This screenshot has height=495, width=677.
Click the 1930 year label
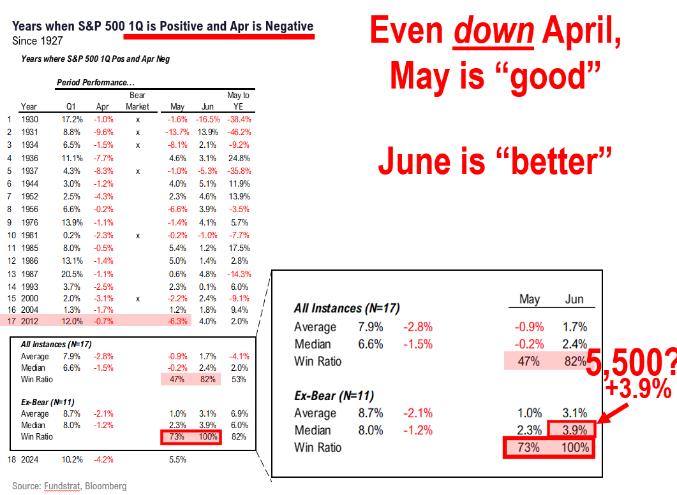point(29,119)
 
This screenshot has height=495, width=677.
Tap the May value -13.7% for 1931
point(177,132)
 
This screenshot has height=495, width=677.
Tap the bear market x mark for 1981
point(137,235)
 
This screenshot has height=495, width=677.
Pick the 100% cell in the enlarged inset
point(575,448)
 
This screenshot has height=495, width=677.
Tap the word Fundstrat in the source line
point(61,486)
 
